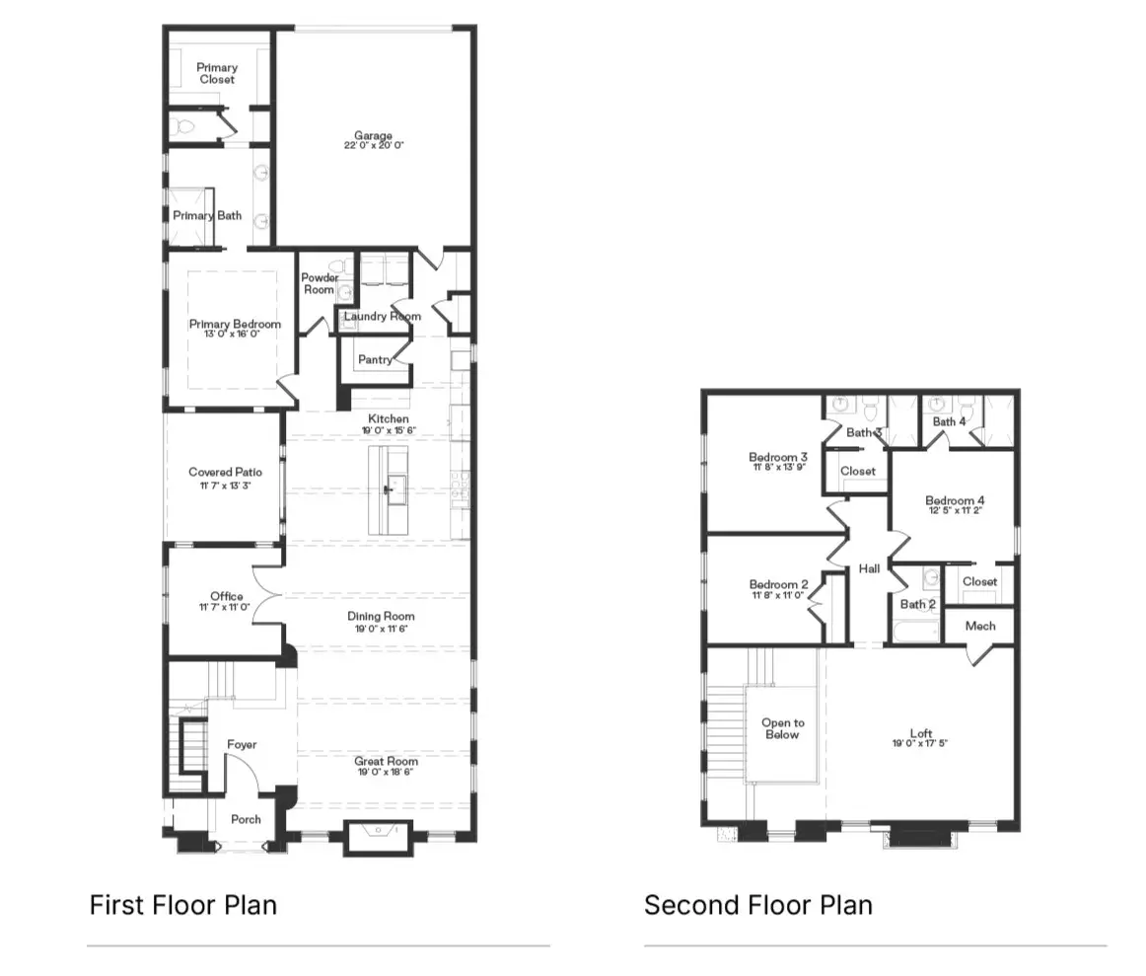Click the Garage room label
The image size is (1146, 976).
374,135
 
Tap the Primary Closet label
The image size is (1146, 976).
217,73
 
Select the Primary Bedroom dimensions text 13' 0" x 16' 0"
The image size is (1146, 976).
235,335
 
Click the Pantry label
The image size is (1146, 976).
375,360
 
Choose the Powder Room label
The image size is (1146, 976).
319,283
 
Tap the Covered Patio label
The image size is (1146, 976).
225,473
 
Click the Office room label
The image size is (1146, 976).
226,596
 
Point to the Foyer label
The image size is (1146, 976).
242,744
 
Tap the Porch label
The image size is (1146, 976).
246,819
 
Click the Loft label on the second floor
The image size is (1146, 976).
920,733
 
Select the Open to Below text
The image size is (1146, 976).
781,728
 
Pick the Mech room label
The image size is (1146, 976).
979,626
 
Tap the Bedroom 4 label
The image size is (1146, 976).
955,500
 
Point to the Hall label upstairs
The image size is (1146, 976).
869,568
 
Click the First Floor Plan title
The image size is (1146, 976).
182,904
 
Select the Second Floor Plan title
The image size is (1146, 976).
757,904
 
